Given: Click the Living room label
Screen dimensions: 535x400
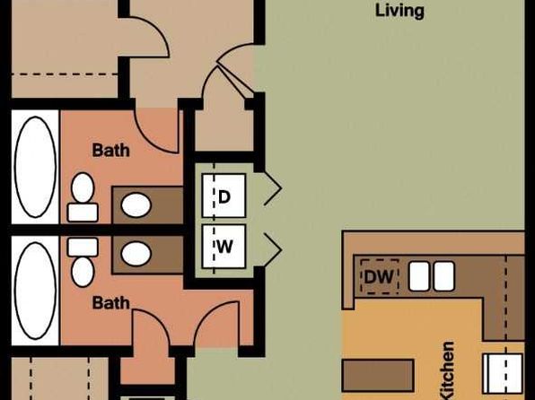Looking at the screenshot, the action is [x=399, y=12].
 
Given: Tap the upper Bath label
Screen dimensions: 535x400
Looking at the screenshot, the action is [x=111, y=151].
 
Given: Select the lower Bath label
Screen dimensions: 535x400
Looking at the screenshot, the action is [x=111, y=303].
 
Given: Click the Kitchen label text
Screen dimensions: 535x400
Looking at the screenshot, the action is [x=447, y=370].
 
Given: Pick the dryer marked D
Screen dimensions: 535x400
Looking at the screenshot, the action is [x=224, y=196].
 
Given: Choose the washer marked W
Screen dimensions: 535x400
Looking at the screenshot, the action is [x=224, y=247].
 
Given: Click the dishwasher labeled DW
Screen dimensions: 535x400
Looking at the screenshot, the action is [x=380, y=276].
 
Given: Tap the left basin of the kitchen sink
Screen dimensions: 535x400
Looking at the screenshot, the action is [x=419, y=276].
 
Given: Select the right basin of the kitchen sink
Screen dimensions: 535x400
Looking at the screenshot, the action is [x=444, y=276].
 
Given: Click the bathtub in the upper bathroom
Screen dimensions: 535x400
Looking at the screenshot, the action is [x=35, y=167].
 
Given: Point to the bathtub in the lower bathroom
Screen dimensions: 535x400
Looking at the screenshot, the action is [x=35, y=291].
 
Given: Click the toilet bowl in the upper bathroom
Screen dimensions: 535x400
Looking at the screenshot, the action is [x=83, y=187].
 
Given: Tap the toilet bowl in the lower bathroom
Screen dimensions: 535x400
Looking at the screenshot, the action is [x=83, y=272].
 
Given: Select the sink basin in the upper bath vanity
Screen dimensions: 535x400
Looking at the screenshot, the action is [x=136, y=205].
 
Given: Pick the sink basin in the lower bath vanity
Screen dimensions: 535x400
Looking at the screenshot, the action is [x=136, y=254].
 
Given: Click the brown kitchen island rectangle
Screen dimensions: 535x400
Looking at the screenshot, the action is [x=378, y=375].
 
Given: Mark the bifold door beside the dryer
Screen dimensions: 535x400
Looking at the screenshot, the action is [x=273, y=188].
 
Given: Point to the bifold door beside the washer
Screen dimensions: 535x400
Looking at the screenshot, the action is [x=273, y=250].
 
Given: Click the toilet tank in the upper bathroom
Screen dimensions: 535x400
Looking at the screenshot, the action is [x=83, y=213].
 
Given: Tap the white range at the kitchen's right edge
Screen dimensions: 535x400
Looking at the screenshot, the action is [x=503, y=373].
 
